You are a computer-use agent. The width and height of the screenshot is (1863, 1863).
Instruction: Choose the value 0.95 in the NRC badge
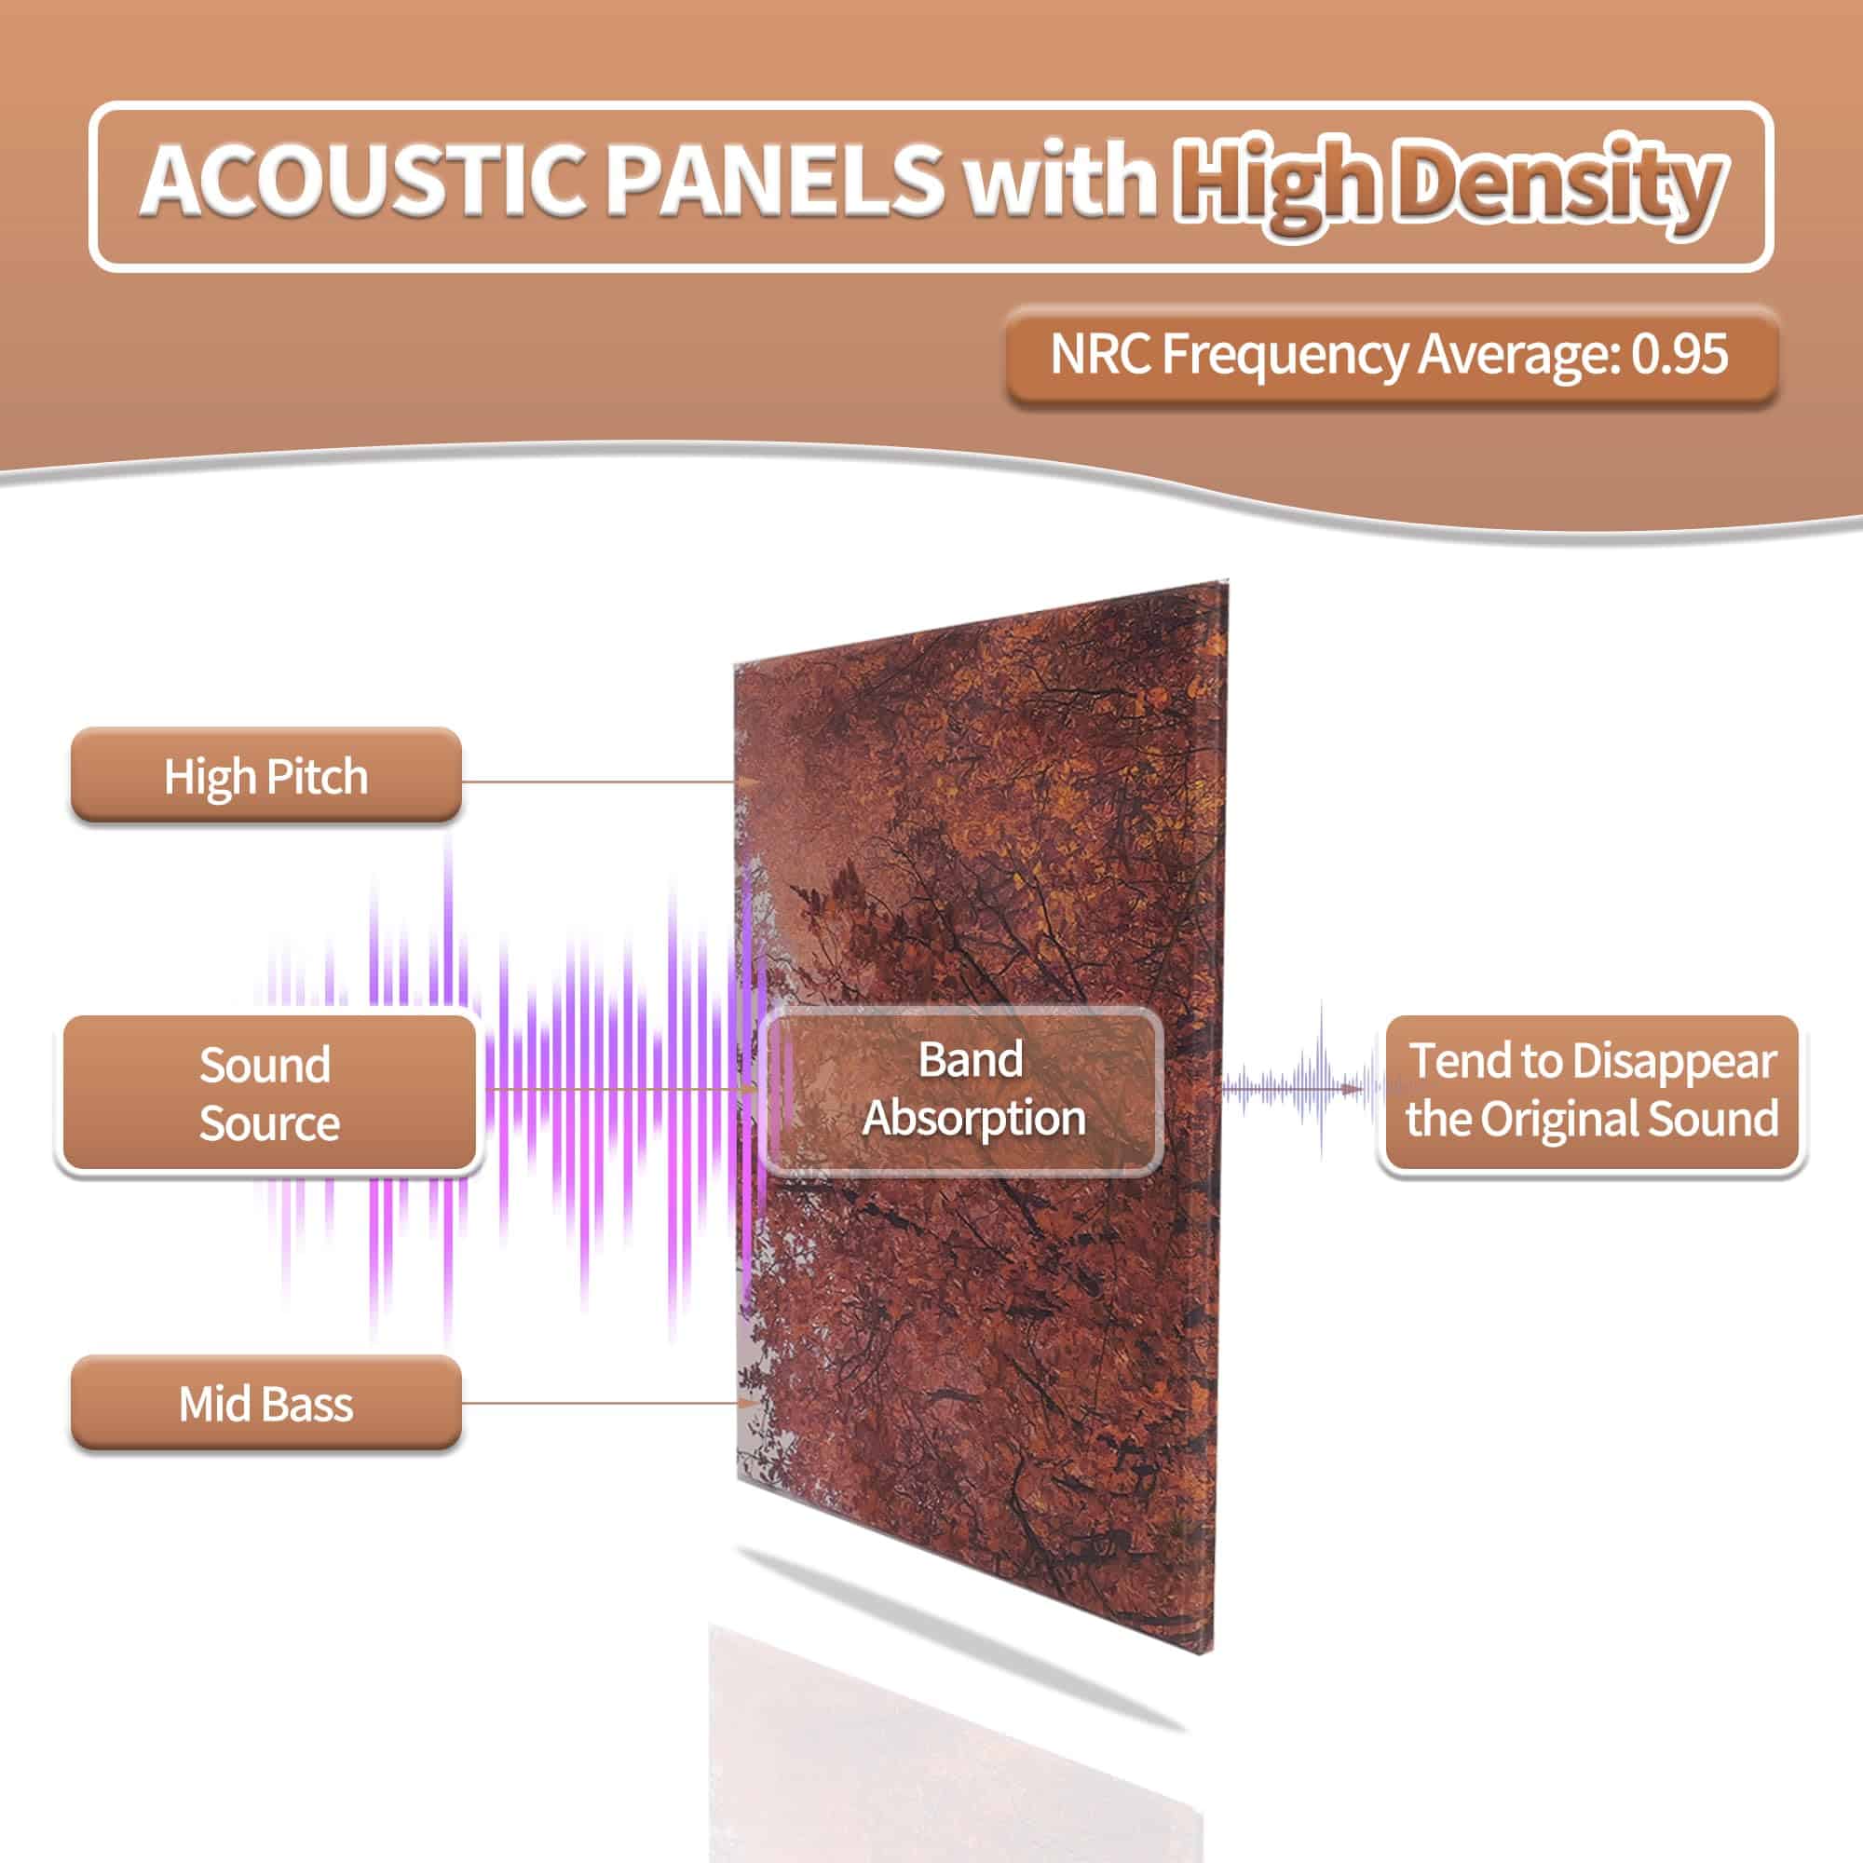(x=1679, y=354)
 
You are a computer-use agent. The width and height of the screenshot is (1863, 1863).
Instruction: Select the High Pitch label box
(x=266, y=775)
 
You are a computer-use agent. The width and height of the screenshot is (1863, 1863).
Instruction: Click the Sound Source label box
(x=269, y=1094)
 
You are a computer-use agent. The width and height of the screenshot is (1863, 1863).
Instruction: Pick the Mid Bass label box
(x=266, y=1403)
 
